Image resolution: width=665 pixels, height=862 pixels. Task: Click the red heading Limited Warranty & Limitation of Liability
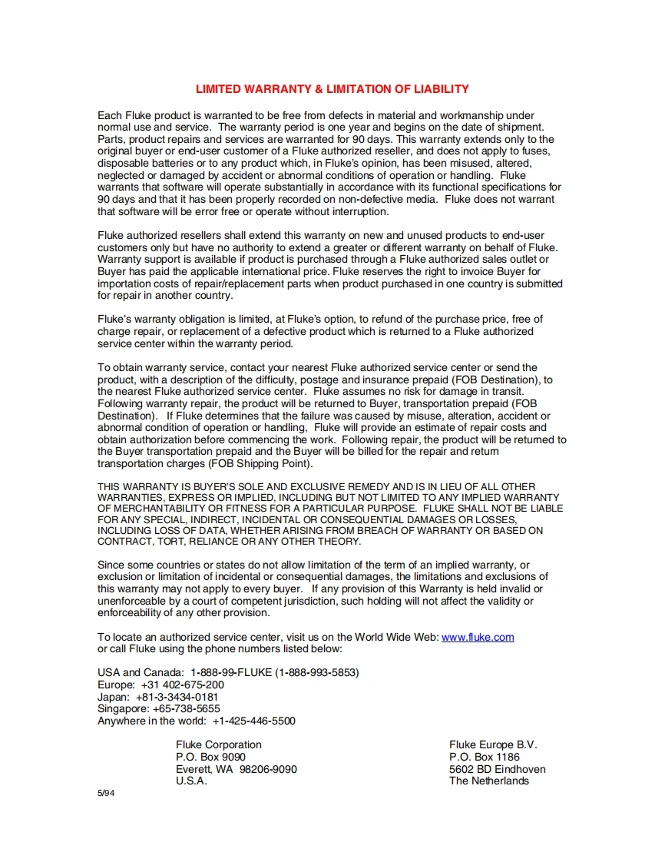[x=332, y=89]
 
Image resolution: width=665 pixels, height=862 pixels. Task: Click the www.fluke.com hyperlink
[x=478, y=637]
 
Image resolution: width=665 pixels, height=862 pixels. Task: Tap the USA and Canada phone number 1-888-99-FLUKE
[x=274, y=672]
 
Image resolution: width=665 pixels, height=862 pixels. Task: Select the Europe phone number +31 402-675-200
[x=182, y=685]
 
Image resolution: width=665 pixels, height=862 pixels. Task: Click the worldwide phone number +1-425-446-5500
[x=253, y=721]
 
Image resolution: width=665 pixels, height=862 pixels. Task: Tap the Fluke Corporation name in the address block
[x=218, y=744]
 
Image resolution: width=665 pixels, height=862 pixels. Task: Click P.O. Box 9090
[x=210, y=757]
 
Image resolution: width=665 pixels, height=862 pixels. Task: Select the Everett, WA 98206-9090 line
[x=236, y=769]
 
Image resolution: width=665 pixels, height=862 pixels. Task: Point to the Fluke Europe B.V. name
[x=493, y=744]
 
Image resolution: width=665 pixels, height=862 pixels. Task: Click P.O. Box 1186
[x=484, y=757]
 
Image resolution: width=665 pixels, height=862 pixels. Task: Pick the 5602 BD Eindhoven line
[x=497, y=769]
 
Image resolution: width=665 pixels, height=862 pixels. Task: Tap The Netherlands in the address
[x=488, y=781]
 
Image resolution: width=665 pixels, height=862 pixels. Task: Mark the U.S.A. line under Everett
[x=191, y=781]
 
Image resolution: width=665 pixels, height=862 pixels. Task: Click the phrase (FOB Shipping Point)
[x=260, y=463]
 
